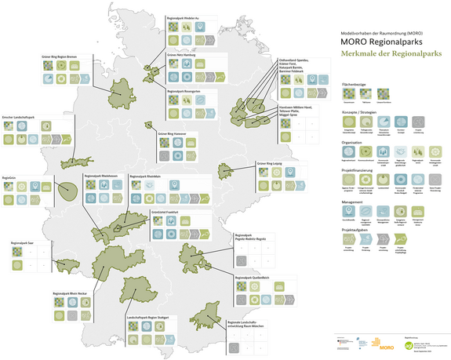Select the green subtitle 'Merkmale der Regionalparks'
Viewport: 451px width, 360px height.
coord(387,54)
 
